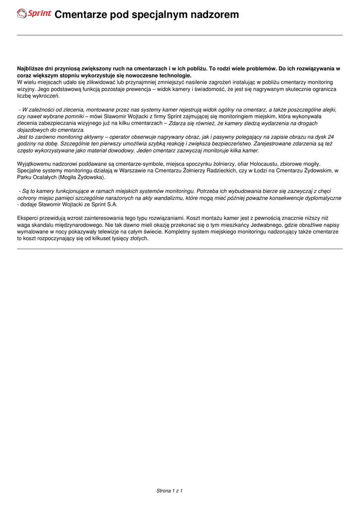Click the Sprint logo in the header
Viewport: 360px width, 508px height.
34,14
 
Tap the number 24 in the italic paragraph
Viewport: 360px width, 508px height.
331,136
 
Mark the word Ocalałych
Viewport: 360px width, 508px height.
45,177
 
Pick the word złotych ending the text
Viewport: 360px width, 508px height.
138,238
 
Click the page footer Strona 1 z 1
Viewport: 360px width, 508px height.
170,491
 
